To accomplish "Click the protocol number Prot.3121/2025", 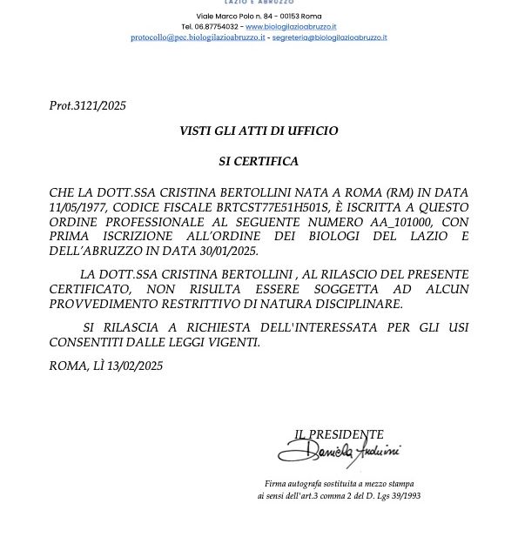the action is click(88, 106).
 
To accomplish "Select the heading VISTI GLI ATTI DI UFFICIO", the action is click(259, 131).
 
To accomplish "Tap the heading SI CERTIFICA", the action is click(259, 162).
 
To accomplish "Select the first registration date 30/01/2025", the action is click(228, 252).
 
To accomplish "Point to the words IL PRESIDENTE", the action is click(339, 434).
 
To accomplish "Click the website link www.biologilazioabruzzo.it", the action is click(291, 27).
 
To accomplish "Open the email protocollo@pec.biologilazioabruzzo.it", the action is click(198, 38).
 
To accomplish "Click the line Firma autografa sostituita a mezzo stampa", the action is click(340, 484).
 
